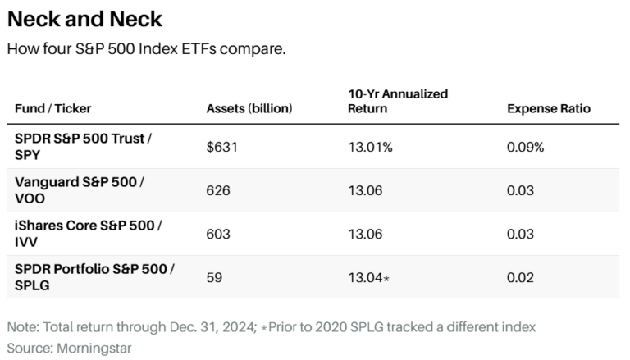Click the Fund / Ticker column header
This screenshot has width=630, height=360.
[53, 109]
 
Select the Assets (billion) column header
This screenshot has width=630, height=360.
[249, 109]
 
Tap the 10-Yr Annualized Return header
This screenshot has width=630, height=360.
[398, 101]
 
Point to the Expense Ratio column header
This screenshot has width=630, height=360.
[548, 109]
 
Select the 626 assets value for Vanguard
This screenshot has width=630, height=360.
[218, 190]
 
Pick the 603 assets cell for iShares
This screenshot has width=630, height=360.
[218, 234]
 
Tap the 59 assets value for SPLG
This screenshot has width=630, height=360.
[214, 277]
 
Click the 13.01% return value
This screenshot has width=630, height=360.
[370, 147]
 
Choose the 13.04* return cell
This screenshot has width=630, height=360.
[368, 277]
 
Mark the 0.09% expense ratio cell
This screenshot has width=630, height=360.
[525, 147]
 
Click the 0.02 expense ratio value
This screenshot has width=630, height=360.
[520, 277]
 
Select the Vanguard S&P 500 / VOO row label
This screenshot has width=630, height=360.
[80, 190]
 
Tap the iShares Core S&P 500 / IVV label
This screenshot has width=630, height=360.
[88, 234]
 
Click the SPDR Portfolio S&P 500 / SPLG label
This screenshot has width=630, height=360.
[94, 277]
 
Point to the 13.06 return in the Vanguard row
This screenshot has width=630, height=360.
[365, 190]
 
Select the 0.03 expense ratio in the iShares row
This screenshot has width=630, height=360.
[520, 234]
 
